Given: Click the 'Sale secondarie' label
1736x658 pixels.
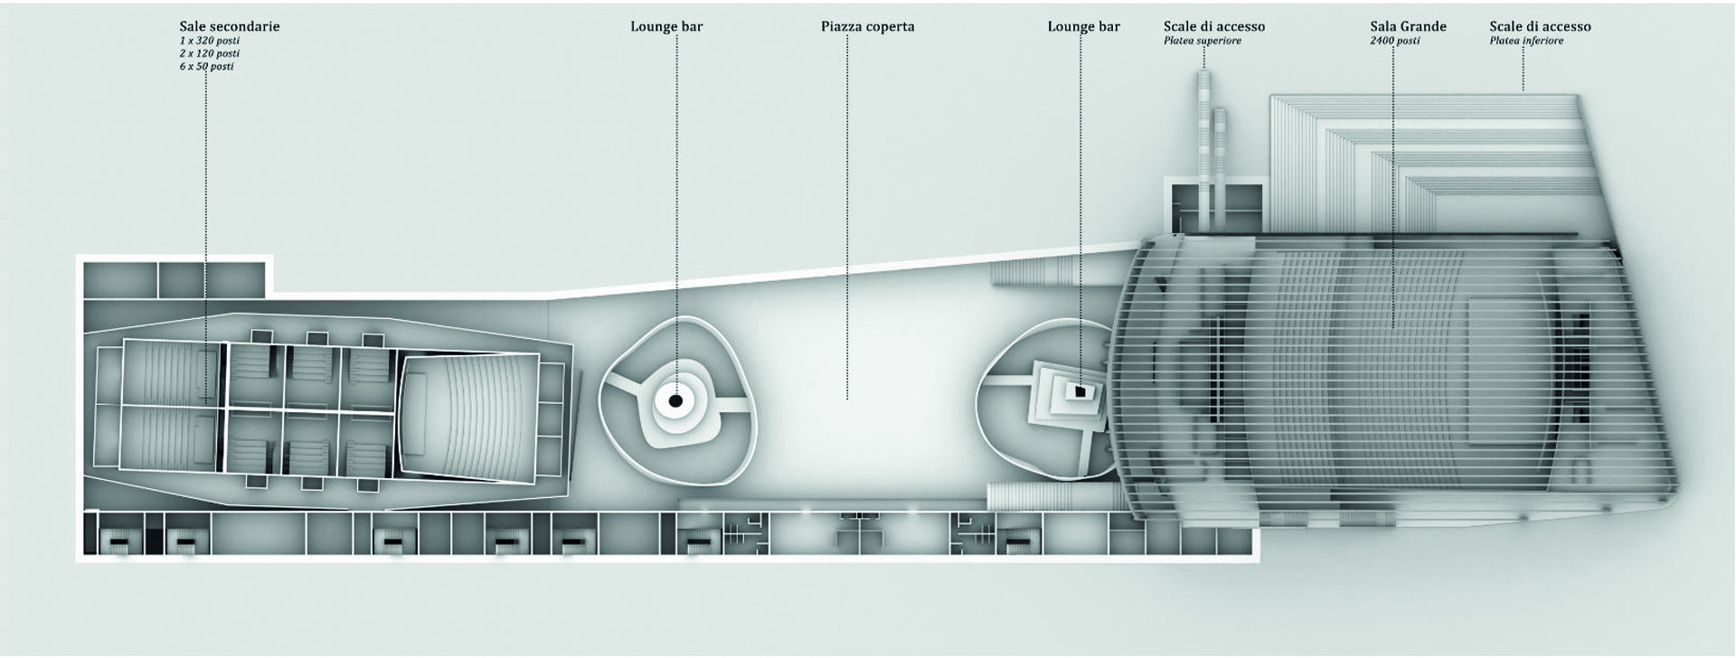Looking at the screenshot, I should tap(229, 26).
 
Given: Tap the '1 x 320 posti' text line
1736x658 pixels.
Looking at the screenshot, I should tap(209, 41).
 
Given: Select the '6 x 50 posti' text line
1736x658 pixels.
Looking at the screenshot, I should tap(206, 66).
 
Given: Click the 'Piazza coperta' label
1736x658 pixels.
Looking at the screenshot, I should tap(867, 26).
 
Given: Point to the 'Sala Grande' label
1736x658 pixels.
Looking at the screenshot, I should tap(1408, 26).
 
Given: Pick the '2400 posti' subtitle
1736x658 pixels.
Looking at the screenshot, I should tap(1394, 41).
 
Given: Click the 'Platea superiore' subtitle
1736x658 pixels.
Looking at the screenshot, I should tap(1202, 41).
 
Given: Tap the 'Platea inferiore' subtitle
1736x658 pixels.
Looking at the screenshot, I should tap(1526, 41).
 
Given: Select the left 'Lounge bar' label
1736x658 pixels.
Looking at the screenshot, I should tap(666, 26).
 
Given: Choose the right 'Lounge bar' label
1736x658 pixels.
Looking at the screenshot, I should tap(1083, 26).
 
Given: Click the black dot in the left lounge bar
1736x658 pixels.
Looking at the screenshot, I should tap(675, 400).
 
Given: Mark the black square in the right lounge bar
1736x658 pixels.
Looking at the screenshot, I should tap(1079, 390).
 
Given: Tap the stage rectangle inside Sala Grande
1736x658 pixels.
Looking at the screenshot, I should tap(1506, 362).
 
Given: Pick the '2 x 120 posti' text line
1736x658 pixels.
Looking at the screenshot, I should tap(209, 53).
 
